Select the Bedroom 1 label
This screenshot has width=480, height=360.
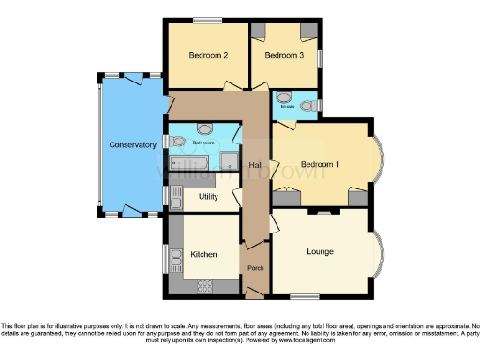tap(313, 165)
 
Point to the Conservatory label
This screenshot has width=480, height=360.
tap(132, 145)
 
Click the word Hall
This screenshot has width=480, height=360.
tap(254, 165)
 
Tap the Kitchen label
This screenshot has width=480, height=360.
tap(204, 254)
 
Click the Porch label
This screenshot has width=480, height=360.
tap(255, 269)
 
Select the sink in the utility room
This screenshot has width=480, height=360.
tap(175, 197)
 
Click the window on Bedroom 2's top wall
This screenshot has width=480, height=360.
tap(207, 20)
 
